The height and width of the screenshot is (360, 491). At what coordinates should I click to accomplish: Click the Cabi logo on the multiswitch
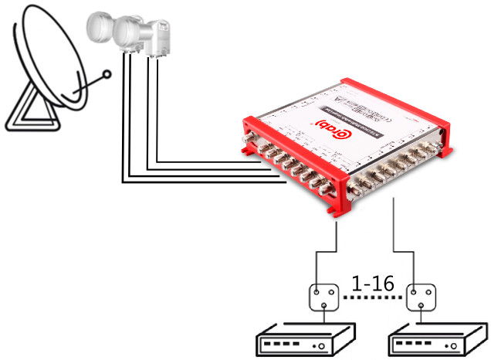(x=323, y=125)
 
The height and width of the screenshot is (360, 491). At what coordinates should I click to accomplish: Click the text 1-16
(x=373, y=284)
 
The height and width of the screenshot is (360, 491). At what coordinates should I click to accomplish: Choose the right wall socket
(x=424, y=297)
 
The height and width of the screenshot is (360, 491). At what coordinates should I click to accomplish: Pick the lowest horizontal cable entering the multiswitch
(x=201, y=182)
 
